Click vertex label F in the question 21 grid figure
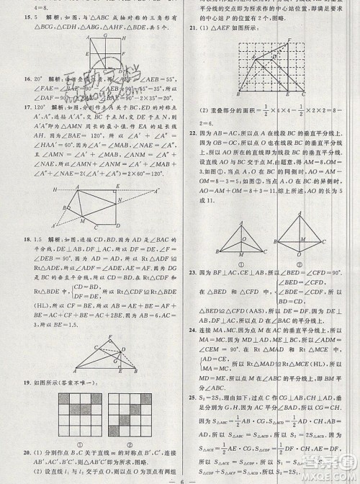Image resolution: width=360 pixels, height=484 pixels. [289, 40]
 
